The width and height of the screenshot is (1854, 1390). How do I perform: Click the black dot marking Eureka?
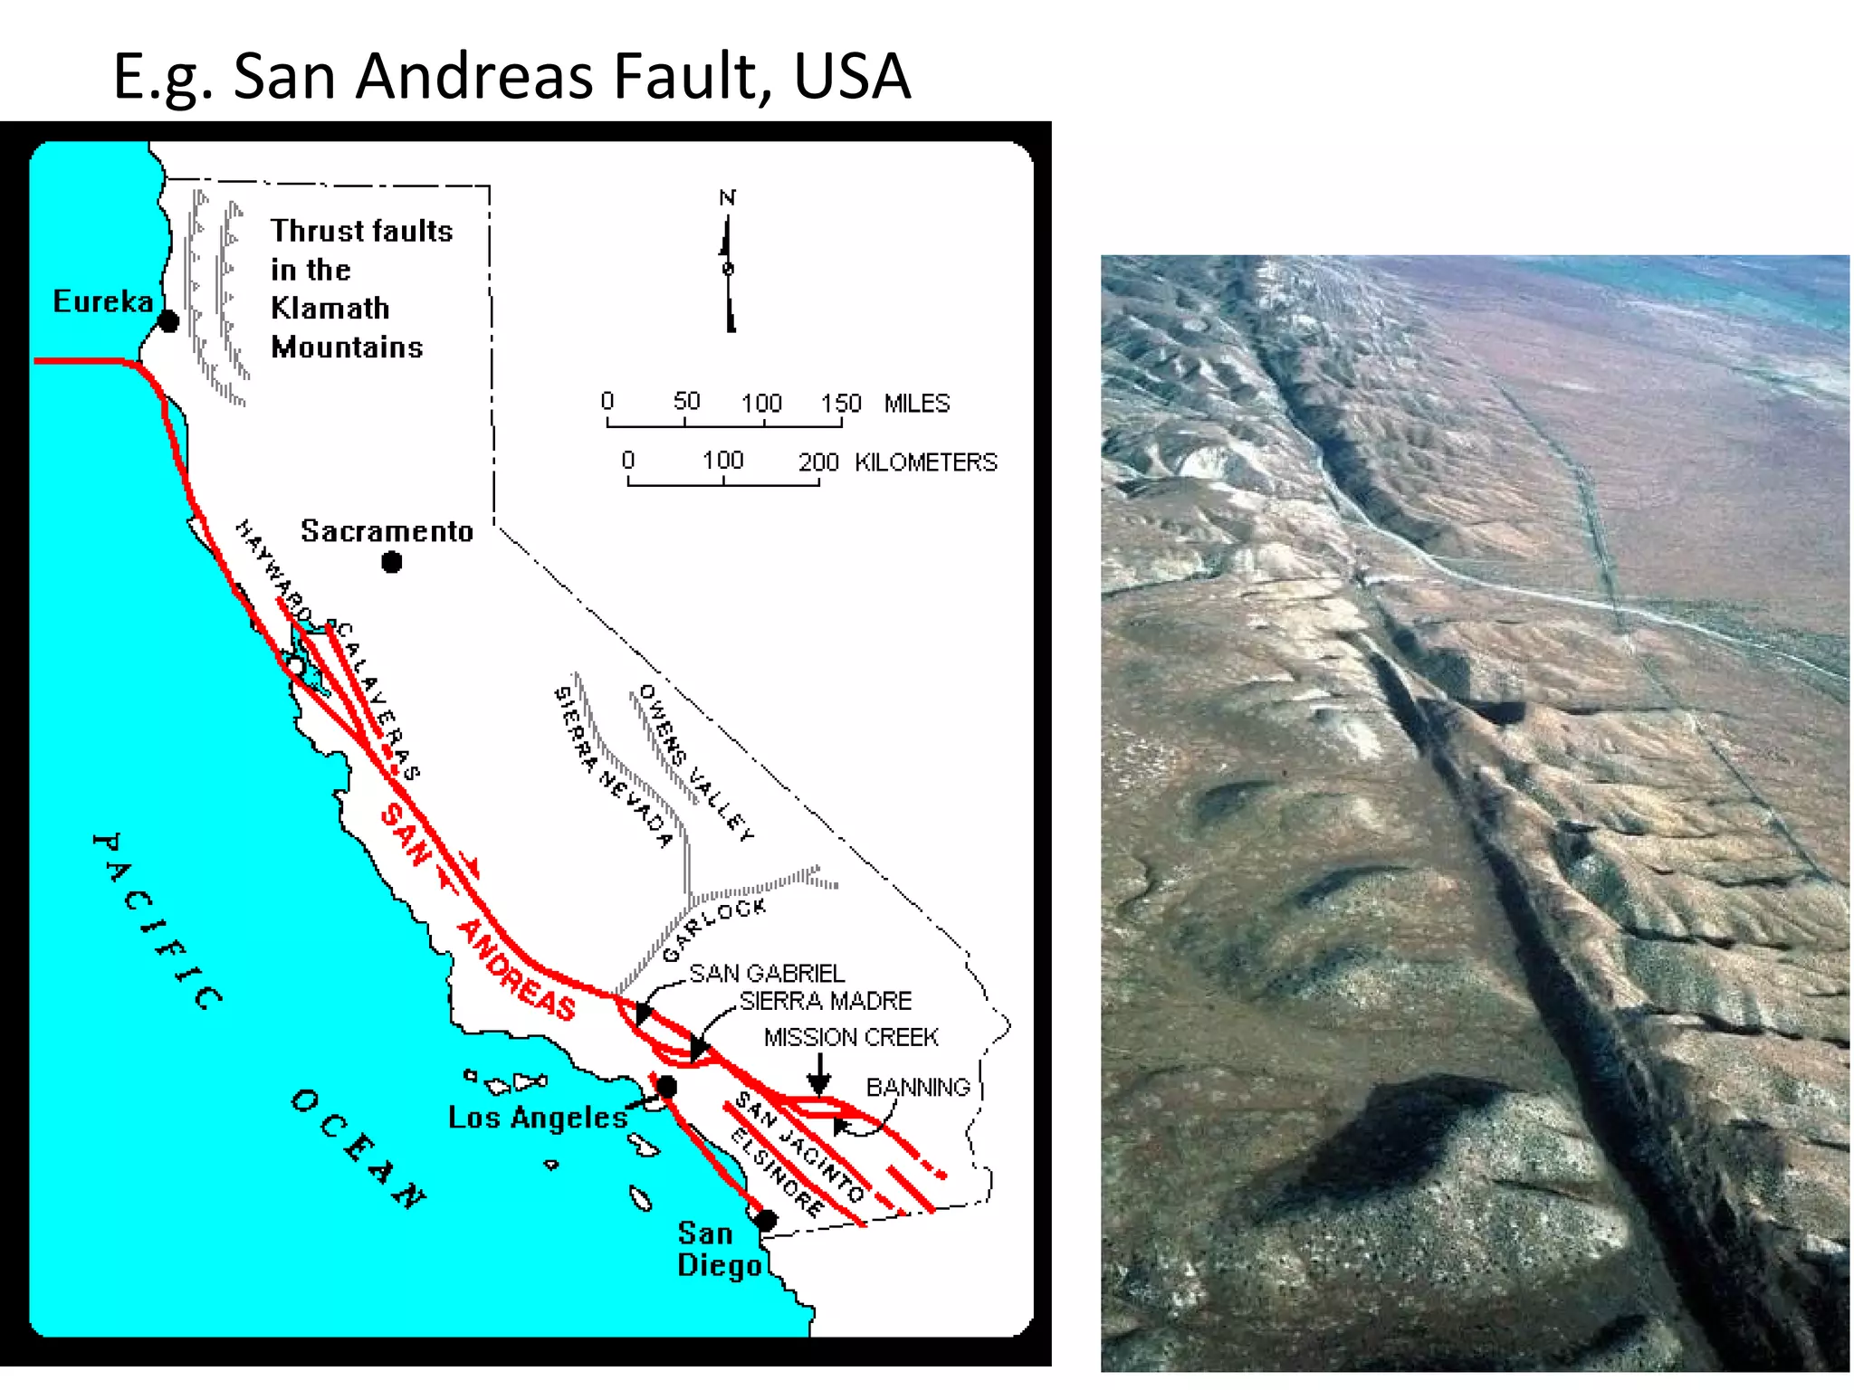click(x=168, y=321)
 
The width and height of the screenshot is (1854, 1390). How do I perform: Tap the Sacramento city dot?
click(x=391, y=563)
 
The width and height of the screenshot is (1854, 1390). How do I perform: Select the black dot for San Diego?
click(x=766, y=1220)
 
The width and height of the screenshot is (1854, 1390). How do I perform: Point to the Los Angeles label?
click(x=538, y=1118)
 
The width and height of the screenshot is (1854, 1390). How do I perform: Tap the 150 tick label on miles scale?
click(x=840, y=403)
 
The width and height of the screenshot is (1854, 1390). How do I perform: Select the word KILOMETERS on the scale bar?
click(x=925, y=462)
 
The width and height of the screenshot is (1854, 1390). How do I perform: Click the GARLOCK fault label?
click(x=714, y=928)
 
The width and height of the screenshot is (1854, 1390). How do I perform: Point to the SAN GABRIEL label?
click(x=767, y=974)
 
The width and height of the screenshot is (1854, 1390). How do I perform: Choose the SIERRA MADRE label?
click(x=825, y=1001)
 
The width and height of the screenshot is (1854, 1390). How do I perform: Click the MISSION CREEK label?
click(x=851, y=1037)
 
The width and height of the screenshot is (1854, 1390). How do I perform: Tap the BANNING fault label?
click(x=918, y=1087)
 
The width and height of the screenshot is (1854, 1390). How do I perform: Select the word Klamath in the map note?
click(x=330, y=309)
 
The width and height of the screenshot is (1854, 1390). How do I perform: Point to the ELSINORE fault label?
click(x=778, y=1173)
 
